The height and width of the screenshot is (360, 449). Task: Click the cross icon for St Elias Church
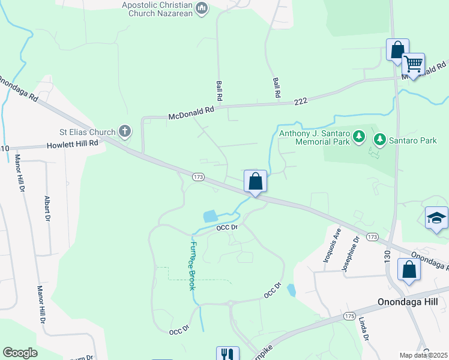coord(125,131)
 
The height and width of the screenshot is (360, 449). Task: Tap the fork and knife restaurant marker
coord(227,355)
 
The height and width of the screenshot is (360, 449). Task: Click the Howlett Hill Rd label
coord(73,144)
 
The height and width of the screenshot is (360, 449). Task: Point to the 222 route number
coord(301,101)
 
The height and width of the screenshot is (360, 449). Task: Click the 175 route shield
coord(350,316)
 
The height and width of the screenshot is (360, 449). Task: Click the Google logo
coord(20,353)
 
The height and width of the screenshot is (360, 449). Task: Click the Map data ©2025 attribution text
coord(423,355)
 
